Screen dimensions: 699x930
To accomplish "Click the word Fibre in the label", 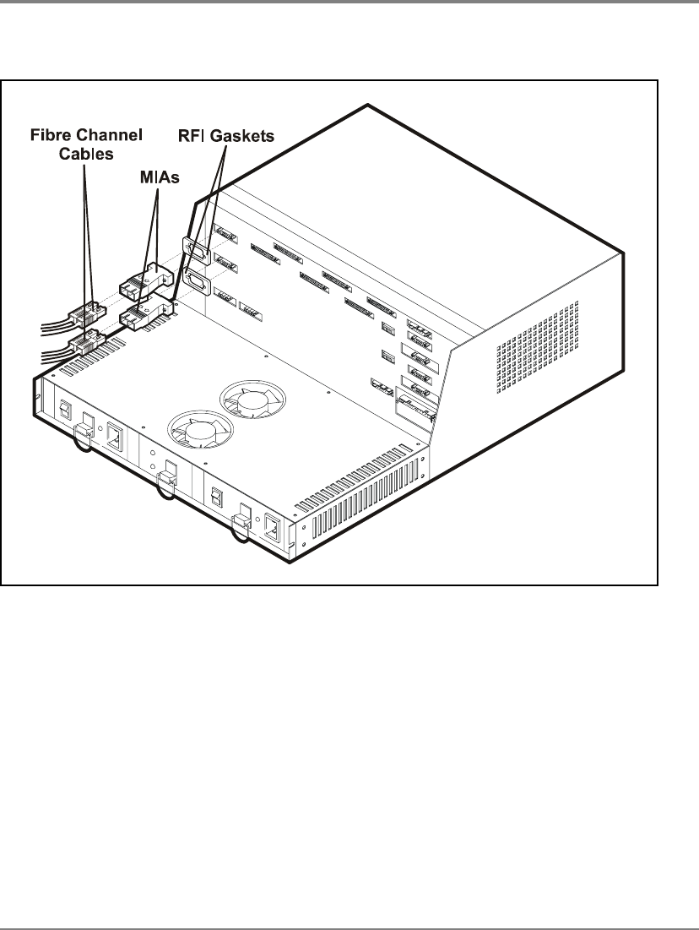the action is pos(49,135).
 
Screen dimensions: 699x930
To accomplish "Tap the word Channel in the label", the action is pos(106,135).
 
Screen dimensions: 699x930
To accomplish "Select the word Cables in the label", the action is pos(86,154).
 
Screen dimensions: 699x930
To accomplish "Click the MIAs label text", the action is pos(160,177).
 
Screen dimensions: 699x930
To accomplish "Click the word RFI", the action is pos(192,136).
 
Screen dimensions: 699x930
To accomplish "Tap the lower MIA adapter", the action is pos(145,312).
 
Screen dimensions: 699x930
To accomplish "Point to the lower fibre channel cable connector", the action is pos(87,344).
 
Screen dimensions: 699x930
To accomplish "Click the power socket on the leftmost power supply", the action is pos(115,437).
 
